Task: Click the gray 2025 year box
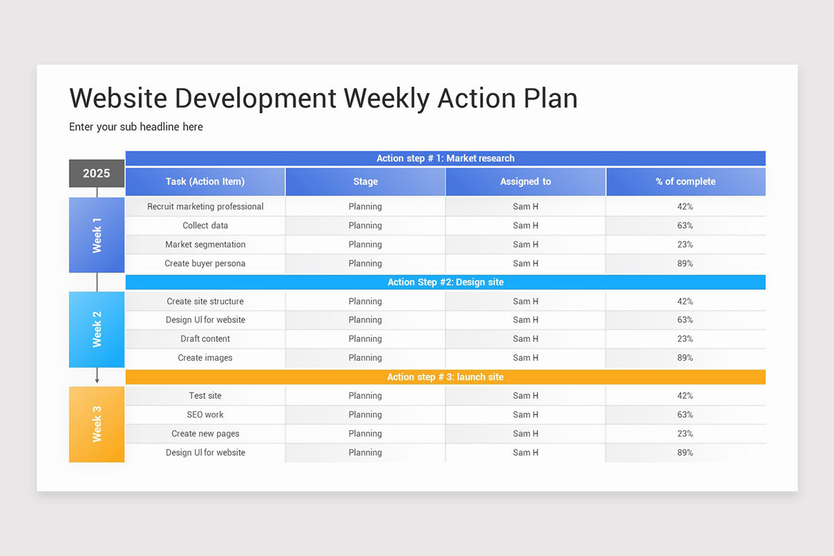[97, 173]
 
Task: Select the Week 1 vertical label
[97, 235]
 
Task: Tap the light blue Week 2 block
[97, 329]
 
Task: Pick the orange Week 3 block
[97, 424]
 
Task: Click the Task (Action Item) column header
[205, 181]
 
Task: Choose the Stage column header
[365, 181]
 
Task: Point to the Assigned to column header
[525, 181]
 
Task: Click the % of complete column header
[685, 181]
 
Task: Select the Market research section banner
[445, 158]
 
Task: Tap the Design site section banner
[445, 282]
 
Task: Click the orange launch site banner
[445, 377]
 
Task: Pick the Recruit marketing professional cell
[205, 206]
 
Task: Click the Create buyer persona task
[205, 263]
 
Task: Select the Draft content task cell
[205, 338]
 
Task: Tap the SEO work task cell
[205, 414]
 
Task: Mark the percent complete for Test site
[685, 395]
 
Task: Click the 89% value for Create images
[685, 358]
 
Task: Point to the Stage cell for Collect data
[365, 225]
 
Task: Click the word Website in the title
[118, 98]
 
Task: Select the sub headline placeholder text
[136, 126]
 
